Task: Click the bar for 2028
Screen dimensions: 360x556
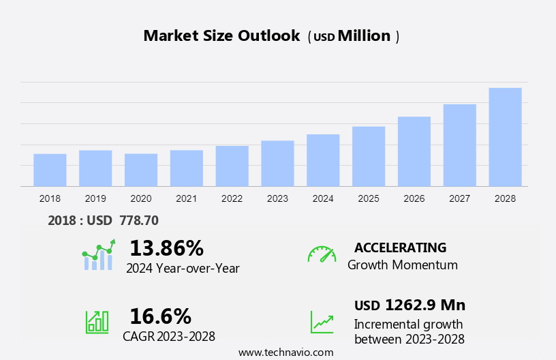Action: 505,137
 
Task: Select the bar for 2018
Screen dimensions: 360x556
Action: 50,170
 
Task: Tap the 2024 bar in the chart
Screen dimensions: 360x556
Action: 323,160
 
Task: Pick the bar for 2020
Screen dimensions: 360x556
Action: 141,170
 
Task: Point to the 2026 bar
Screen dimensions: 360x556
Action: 414,151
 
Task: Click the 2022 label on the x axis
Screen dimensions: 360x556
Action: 232,198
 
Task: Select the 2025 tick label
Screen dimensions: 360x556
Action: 369,198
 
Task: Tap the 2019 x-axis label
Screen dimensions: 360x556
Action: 95,198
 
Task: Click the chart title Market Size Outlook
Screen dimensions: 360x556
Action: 221,36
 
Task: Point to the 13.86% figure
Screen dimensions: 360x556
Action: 166,247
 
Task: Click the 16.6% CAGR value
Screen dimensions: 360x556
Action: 160,316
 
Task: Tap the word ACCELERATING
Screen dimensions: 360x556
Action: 400,247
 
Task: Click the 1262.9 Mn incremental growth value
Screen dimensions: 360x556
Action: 425,305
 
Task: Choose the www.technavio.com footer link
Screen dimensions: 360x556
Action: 285,352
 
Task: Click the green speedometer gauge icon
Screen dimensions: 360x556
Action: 322,254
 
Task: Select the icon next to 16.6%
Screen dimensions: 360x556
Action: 97,321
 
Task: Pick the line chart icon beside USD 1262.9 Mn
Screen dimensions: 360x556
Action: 322,321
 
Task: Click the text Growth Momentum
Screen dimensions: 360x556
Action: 402,265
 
